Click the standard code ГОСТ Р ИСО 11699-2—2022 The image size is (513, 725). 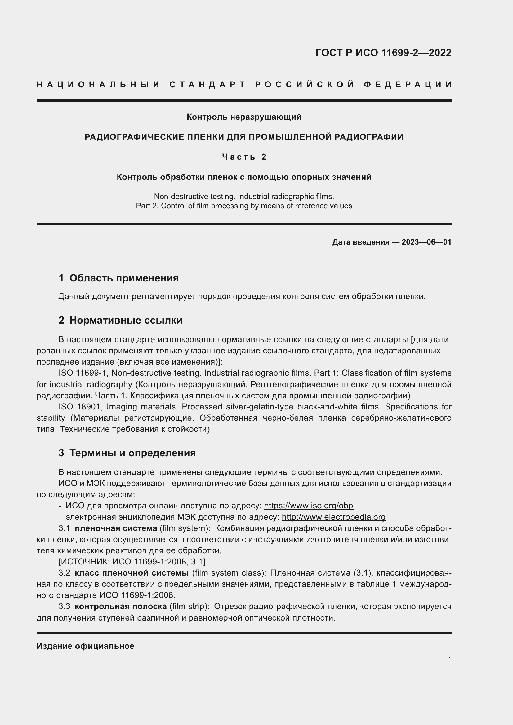383,53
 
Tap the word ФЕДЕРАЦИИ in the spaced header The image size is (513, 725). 408,85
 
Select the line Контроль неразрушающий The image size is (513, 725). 244,117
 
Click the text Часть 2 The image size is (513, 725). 244,157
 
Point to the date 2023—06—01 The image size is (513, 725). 426,242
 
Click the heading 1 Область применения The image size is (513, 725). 118,278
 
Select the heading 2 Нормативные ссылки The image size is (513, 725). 120,321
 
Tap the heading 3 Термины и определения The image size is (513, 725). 127,453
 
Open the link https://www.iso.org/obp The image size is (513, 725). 308,506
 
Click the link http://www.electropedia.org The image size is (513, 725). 334,517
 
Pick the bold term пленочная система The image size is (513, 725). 116,528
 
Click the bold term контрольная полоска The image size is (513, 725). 121,607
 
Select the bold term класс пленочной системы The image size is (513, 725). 132,573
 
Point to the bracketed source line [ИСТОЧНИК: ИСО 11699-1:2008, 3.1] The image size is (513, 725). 132,562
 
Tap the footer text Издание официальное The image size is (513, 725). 85,646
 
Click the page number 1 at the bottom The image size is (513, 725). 449,659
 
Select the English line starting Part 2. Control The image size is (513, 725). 244,206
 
